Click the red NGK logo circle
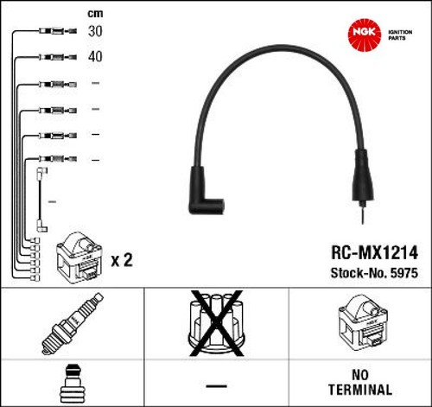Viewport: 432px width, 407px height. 365,35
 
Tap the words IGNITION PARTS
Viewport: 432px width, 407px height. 400,35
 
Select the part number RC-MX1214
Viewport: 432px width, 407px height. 374,252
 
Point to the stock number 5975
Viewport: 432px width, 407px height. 404,273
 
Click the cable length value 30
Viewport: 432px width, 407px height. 95,31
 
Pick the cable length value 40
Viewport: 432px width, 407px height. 95,56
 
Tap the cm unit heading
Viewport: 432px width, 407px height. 95,14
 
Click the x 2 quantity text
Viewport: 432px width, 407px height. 122,260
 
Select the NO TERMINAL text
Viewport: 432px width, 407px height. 360,382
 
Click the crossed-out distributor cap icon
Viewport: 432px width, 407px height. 216,323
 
